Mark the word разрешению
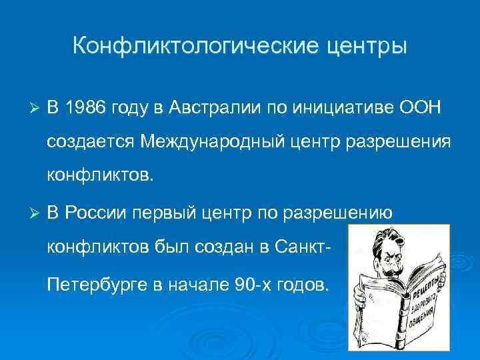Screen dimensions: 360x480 (340, 213)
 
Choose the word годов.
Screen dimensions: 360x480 (303, 284)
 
